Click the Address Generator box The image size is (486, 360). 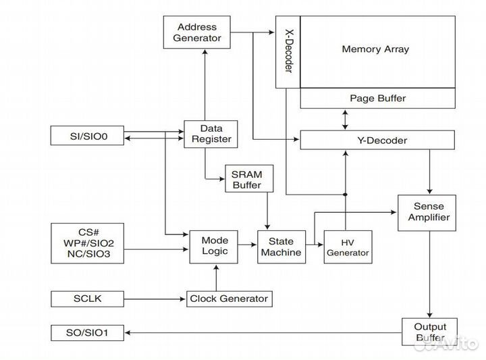197,32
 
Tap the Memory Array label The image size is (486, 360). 375,49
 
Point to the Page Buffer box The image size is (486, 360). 377,99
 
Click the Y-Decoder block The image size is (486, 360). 377,140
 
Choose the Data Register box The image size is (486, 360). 207,134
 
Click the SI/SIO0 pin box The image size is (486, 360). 88,136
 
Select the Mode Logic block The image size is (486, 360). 215,246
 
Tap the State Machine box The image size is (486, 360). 280,246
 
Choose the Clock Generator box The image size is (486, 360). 229,299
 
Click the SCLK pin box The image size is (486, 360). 88,298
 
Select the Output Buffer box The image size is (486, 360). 429,332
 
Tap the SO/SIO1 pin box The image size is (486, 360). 88,332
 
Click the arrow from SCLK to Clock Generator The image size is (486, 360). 155,299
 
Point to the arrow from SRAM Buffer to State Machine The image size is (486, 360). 268,211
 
